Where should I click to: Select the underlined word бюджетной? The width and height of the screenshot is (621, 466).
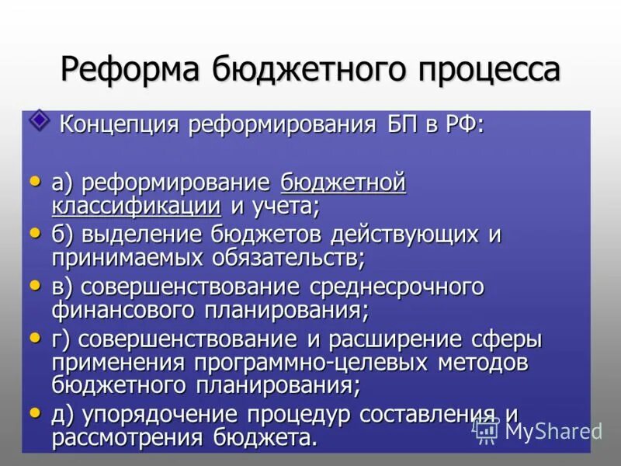pos(343,184)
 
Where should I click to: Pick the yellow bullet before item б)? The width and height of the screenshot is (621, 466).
pos(35,233)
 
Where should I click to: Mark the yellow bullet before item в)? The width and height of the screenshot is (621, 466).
pos(35,286)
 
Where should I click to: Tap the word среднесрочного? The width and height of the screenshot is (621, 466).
pos(397,287)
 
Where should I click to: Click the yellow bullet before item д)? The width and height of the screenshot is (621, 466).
pos(35,414)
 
